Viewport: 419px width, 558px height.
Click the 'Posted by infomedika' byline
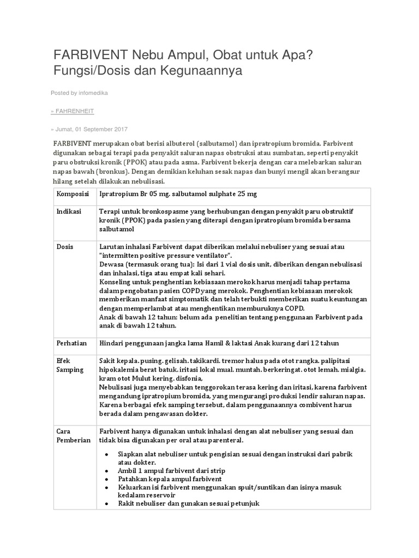click(x=79, y=93)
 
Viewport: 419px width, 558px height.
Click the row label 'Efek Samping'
click(x=70, y=365)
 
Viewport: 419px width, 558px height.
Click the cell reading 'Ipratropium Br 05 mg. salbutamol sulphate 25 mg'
click(x=177, y=195)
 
